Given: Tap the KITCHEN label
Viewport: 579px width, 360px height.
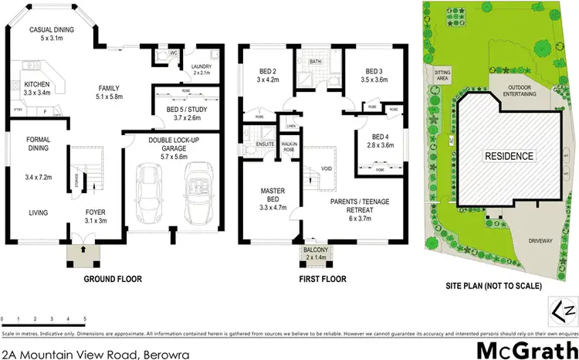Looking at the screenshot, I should (37, 84).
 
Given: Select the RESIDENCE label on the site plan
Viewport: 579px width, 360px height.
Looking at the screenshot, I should (509, 156).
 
